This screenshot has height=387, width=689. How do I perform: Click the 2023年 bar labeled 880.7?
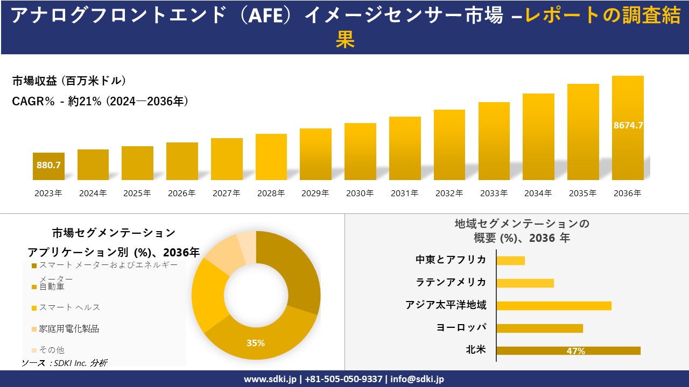[48, 166]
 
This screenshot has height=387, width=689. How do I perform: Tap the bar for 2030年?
[360, 152]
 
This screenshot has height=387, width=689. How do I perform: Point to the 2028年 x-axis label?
[271, 193]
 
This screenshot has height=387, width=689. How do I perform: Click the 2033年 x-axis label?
[494, 193]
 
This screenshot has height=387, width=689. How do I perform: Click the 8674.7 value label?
[628, 125]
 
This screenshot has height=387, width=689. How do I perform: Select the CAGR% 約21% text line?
[100, 101]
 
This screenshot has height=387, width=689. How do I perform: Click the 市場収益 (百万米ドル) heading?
[69, 81]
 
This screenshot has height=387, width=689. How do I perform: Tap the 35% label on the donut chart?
[256, 343]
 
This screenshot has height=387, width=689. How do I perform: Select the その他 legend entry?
[52, 350]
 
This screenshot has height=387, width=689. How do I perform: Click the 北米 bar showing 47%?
[568, 350]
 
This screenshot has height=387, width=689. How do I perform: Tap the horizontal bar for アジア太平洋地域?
[553, 305]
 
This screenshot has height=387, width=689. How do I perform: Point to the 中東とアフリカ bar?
[510, 260]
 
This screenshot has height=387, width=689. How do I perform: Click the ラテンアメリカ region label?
[451, 282]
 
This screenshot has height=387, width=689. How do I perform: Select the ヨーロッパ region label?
[461, 327]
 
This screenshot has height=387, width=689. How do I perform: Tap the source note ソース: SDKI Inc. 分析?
[65, 363]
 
